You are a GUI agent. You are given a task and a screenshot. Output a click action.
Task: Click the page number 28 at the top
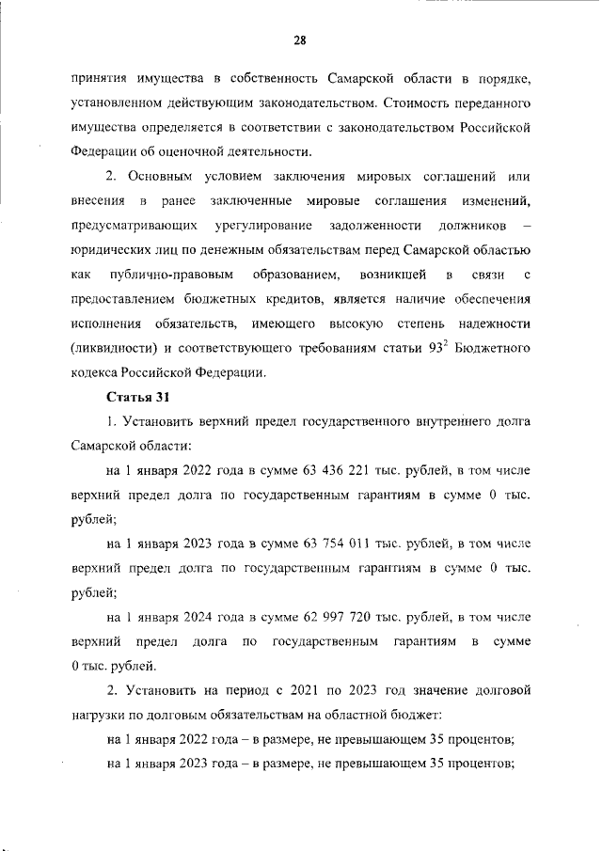pos(300,39)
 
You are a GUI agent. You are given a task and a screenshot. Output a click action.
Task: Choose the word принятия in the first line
pos(101,75)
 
